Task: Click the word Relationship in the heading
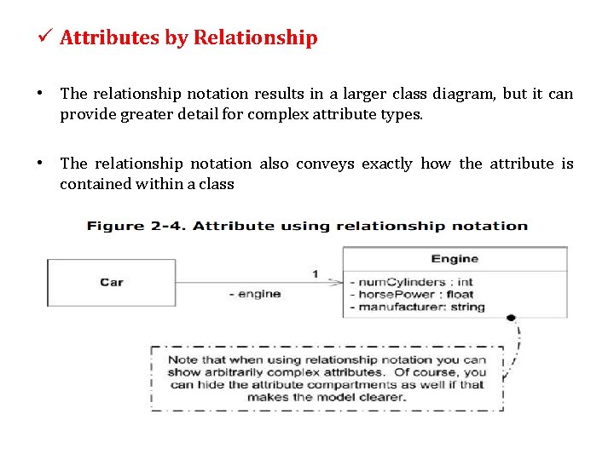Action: tap(255, 38)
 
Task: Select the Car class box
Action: tap(111, 282)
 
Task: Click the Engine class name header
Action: tap(455, 259)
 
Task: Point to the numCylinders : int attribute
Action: tap(411, 282)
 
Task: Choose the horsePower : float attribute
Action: tap(411, 294)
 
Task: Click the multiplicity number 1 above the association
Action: tap(316, 273)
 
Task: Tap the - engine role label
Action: tap(255, 294)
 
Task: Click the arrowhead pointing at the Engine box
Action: tap(338, 283)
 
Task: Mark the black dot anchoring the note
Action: tap(511, 318)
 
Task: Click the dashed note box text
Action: tap(327, 378)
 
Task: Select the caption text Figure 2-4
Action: tap(138, 226)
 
